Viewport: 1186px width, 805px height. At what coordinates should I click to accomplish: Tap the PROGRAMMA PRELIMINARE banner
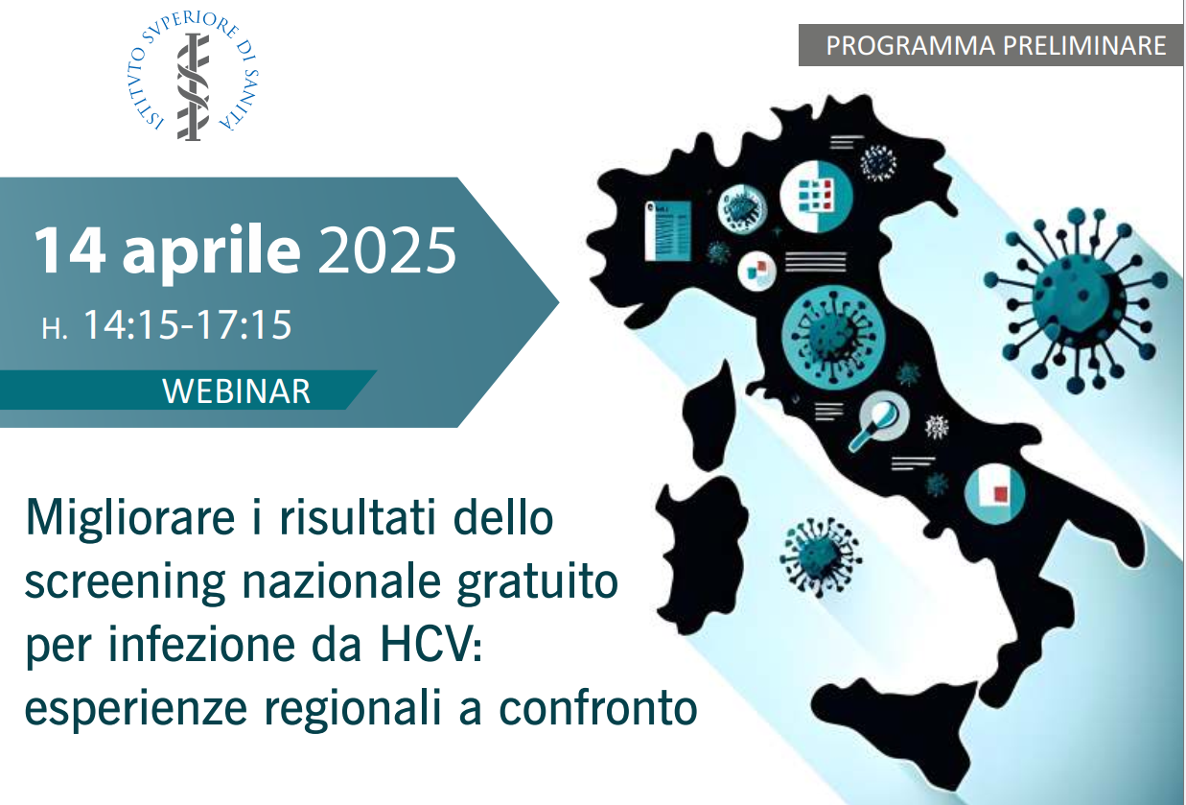[x=990, y=45]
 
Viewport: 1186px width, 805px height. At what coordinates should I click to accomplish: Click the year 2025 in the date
[x=387, y=250]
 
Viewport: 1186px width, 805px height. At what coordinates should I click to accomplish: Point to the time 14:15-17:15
[x=187, y=324]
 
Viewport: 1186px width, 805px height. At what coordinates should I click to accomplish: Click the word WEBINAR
[x=236, y=391]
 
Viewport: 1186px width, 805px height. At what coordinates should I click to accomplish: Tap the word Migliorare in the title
[x=130, y=519]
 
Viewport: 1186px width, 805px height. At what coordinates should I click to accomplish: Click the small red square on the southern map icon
[x=1001, y=494]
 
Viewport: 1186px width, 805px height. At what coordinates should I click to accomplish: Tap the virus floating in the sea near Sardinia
[x=821, y=556]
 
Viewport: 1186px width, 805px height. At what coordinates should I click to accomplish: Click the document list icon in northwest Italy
[x=668, y=230]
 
